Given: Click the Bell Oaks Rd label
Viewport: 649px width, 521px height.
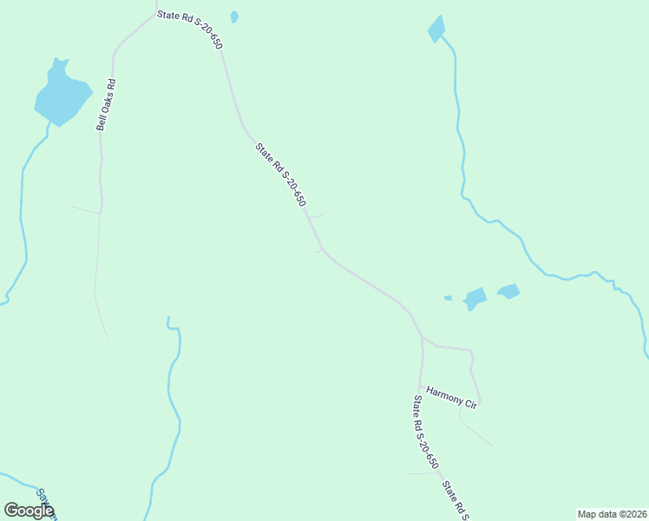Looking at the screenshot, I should [106, 105].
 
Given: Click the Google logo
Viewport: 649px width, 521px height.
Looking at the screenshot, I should [29, 511].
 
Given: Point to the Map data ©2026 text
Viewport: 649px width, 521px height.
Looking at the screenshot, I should [612, 514].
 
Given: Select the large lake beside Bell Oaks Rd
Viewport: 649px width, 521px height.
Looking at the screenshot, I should [62, 94].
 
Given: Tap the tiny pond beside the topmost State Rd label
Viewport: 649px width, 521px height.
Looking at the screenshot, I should [234, 16].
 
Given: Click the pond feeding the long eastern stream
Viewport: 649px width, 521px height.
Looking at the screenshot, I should [436, 29].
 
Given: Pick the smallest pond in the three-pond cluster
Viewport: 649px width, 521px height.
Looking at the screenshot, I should [448, 298].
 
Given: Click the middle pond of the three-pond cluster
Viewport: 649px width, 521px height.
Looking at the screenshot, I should [475, 298].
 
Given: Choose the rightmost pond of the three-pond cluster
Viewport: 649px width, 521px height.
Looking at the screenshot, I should [508, 291].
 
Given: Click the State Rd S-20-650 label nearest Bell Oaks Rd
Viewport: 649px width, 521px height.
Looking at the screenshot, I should [189, 29].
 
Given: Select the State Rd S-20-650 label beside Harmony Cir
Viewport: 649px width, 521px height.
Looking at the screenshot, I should [425, 432].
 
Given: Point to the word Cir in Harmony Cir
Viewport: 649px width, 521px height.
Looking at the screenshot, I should [471, 405].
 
